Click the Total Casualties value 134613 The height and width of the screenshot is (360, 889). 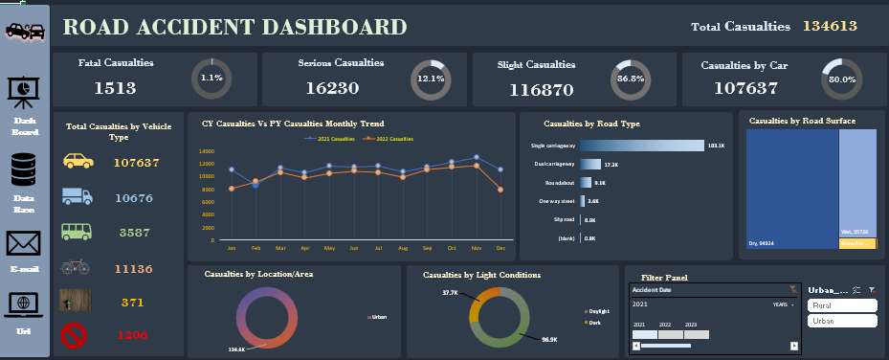[829, 27]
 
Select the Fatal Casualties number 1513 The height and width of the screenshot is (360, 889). [115, 88]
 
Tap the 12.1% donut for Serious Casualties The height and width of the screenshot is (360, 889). [430, 79]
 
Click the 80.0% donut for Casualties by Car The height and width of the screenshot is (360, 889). [841, 79]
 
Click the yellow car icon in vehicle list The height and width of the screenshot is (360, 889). [78, 161]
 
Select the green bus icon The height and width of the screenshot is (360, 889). [78, 232]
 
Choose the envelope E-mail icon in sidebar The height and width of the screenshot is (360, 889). [25, 243]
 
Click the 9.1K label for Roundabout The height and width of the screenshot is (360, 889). [600, 182]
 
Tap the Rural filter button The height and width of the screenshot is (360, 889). [842, 305]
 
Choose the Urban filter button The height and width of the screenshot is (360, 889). [842, 321]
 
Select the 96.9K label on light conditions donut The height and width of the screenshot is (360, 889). [549, 340]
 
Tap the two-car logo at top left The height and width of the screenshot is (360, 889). [25, 31]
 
